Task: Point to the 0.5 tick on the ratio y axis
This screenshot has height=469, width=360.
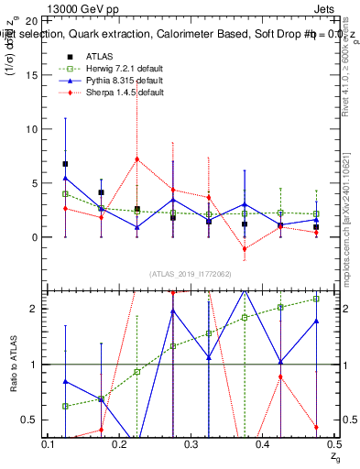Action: [x=29, y=420]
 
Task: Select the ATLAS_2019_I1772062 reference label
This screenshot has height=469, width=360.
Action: [x=190, y=273]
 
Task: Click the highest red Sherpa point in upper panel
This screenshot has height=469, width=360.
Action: [x=136, y=158]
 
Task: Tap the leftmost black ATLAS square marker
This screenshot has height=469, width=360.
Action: [x=65, y=164]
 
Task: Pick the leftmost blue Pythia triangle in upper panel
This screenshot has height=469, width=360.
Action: [x=65, y=178]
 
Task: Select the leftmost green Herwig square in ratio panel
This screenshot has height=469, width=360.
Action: [x=65, y=406]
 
